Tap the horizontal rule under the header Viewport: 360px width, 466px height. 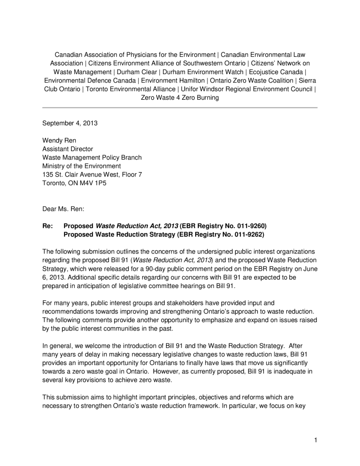pyautogui.click(x=180, y=107)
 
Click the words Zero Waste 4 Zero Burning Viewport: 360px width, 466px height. pyautogui.click(x=180, y=97)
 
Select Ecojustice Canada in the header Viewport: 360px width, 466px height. pyautogui.click(x=278, y=72)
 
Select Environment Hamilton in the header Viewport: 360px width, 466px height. pyautogui.click(x=172, y=81)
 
